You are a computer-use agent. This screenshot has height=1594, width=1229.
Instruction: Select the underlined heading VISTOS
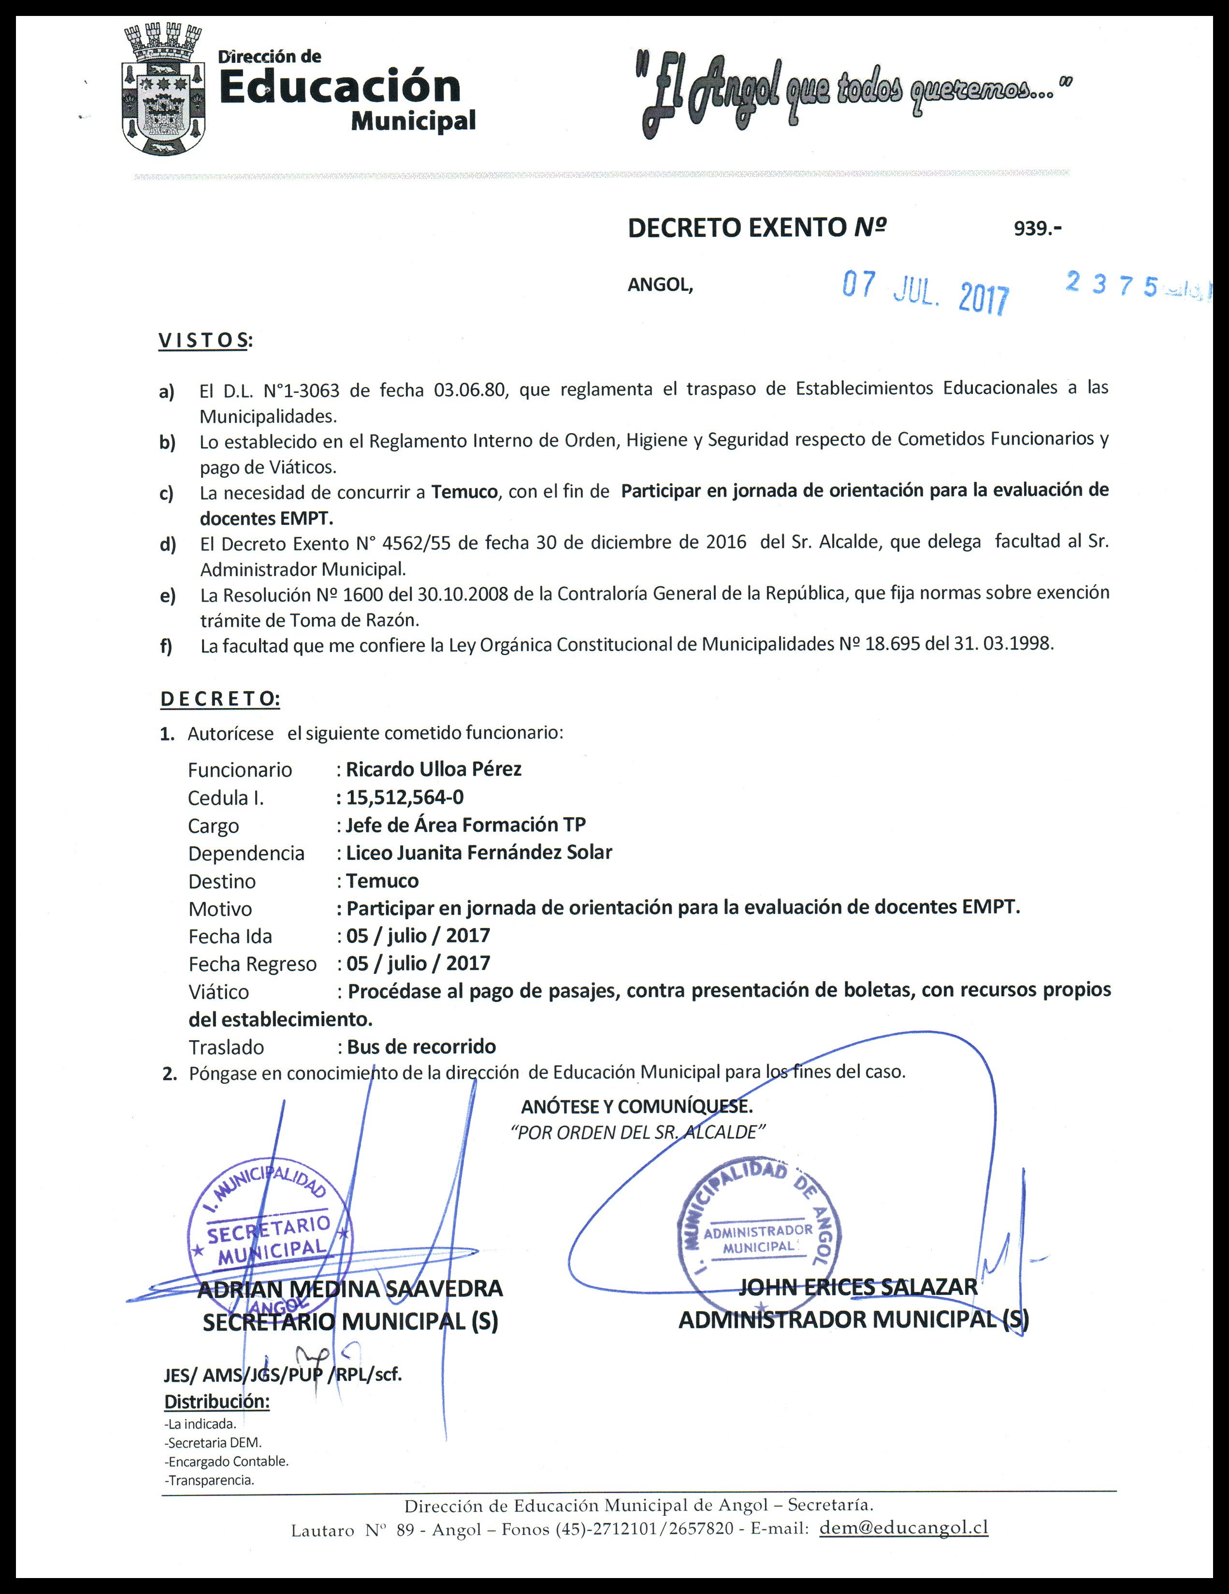coord(203,340)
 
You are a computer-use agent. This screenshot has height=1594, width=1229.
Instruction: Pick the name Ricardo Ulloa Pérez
coord(434,769)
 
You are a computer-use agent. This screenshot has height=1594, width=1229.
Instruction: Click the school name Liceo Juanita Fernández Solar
coord(479,853)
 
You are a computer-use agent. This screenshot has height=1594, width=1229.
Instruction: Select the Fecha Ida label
coord(230,936)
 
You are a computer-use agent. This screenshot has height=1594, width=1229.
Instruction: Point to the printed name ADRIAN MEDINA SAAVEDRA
coord(350,1288)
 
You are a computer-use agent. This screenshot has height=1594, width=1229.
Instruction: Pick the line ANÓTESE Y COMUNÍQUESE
coord(637,1106)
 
